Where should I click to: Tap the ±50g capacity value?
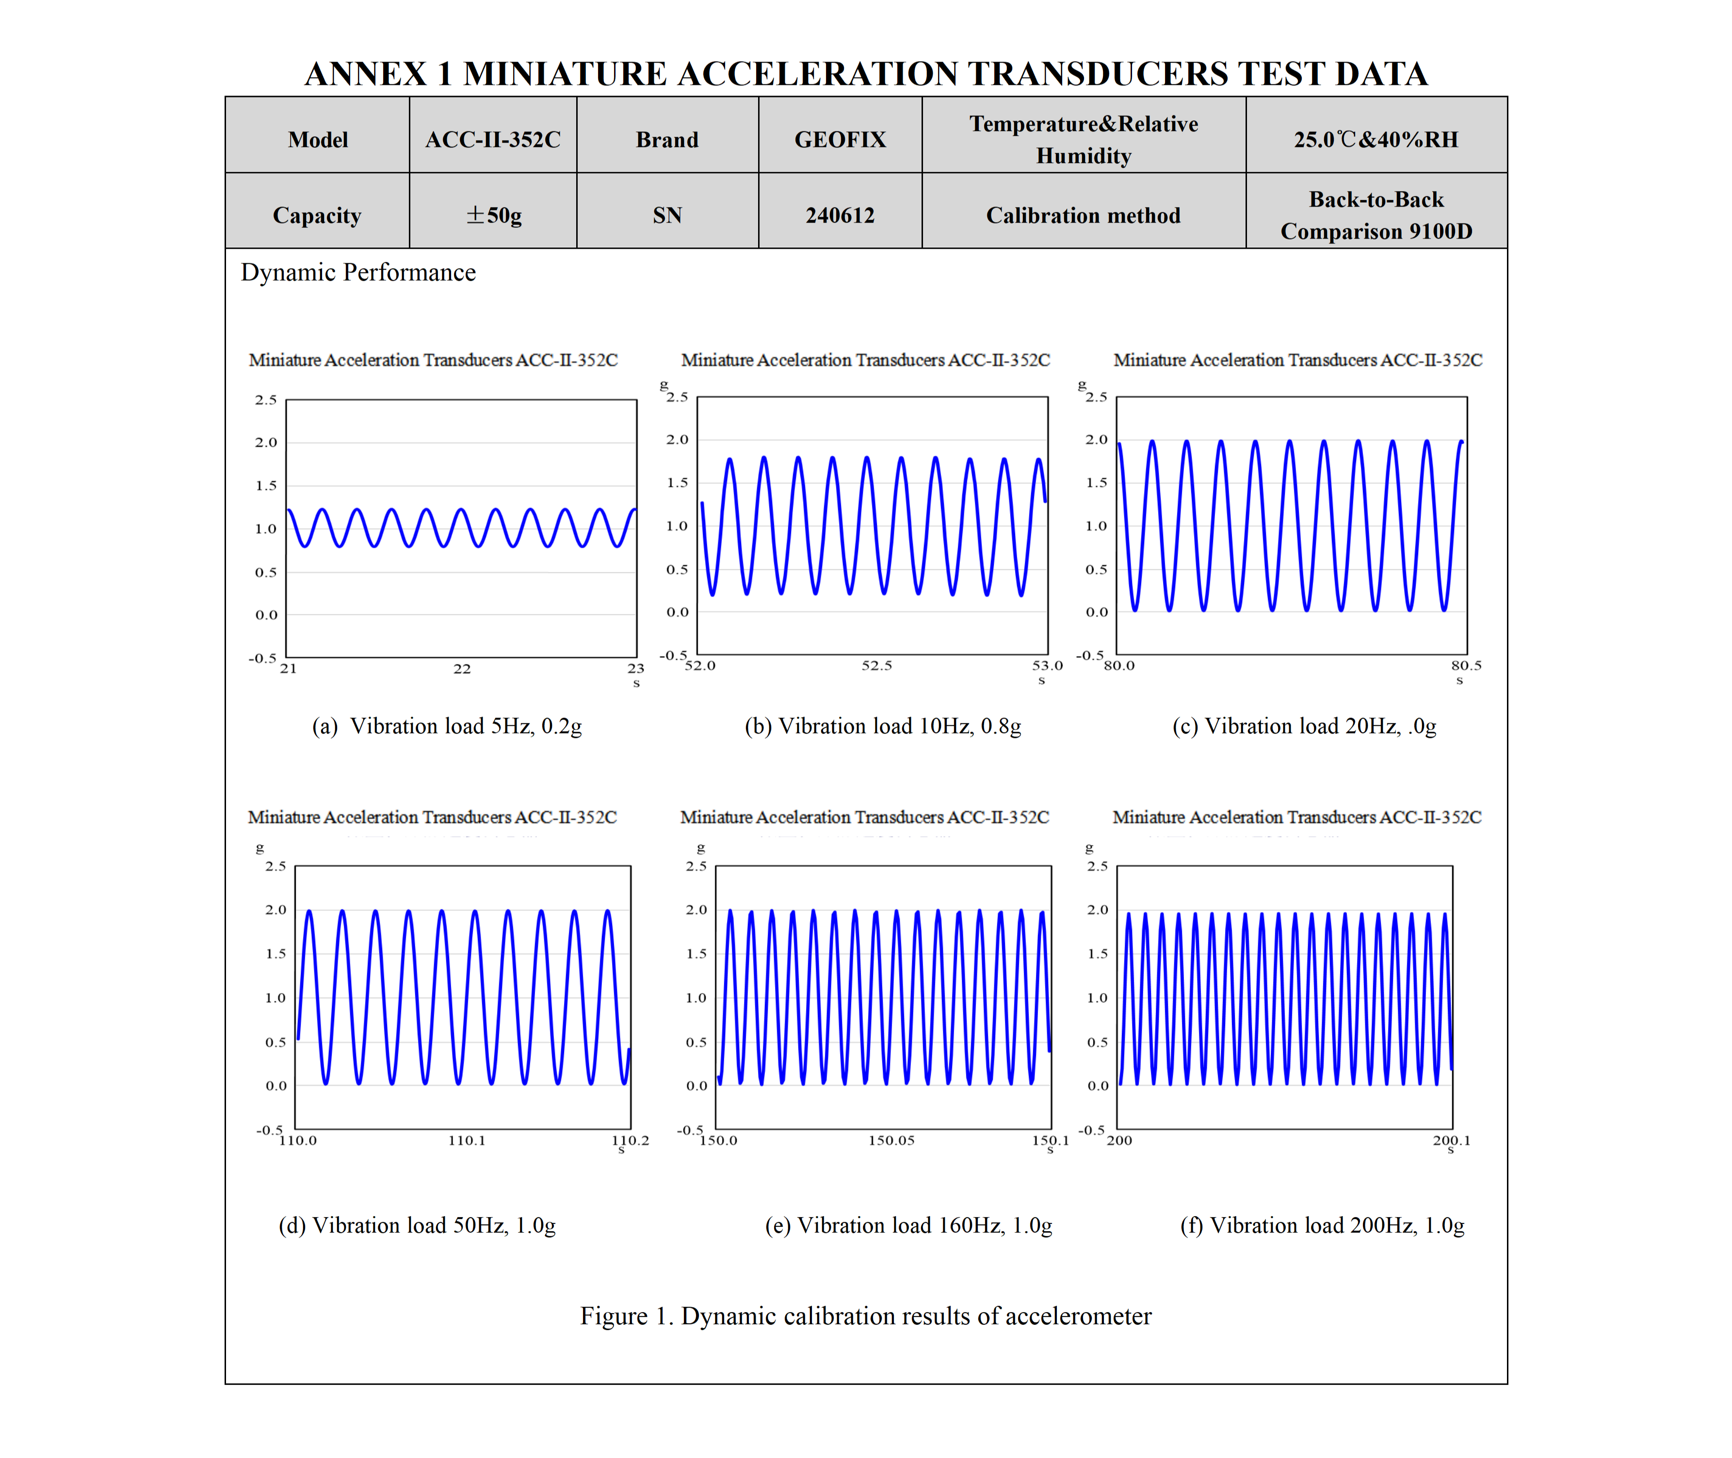pyautogui.click(x=494, y=215)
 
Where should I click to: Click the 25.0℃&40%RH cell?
pyautogui.click(x=1376, y=139)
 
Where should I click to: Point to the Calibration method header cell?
pyautogui.click(x=1083, y=215)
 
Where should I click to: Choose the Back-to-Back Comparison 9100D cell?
pyautogui.click(x=1376, y=215)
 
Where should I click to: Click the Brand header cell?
pyautogui.click(x=667, y=139)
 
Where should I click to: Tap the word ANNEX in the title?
pyautogui.click(x=365, y=74)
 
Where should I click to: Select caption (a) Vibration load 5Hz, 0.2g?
pyautogui.click(x=446, y=726)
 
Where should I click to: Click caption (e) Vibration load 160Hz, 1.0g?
pyautogui.click(x=908, y=1225)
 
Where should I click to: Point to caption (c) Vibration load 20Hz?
pyautogui.click(x=1304, y=726)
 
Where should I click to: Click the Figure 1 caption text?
pyautogui.click(x=866, y=1315)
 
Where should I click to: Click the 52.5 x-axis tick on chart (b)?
pyautogui.click(x=876, y=665)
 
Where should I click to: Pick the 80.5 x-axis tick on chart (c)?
pyautogui.click(x=1466, y=665)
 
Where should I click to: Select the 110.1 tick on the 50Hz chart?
pyautogui.click(x=467, y=1140)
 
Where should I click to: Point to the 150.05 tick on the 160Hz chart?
pyautogui.click(x=891, y=1140)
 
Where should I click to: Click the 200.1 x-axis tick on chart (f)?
pyautogui.click(x=1451, y=1140)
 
